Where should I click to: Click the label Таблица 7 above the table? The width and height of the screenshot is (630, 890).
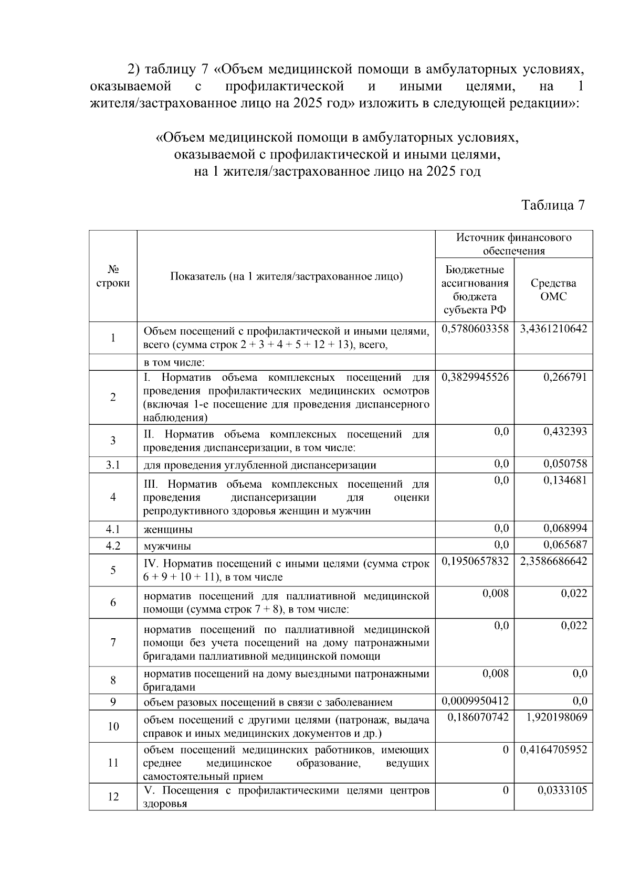[553, 205]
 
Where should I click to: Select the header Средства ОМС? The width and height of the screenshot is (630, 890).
[553, 289]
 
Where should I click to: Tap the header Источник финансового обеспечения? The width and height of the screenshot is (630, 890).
[513, 244]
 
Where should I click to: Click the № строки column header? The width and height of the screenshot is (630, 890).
[113, 276]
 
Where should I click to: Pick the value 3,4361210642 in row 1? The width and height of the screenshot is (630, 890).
[553, 329]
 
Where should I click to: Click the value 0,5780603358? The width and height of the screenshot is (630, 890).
[475, 329]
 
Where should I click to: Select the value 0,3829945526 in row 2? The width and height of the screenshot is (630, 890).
[475, 377]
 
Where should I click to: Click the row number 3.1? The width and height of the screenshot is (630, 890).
[113, 465]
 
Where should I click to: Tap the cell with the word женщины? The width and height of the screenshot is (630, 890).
[168, 529]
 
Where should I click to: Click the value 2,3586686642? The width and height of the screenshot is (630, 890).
[553, 561]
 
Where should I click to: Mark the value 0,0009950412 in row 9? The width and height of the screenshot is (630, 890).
[475, 701]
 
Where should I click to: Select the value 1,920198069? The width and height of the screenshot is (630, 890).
[556, 717]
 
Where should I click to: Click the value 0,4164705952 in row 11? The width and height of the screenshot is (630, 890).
[553, 749]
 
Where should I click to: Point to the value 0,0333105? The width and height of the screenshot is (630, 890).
[562, 790]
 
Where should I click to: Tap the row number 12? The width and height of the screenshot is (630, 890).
[113, 797]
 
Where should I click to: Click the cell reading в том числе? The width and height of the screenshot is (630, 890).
[174, 362]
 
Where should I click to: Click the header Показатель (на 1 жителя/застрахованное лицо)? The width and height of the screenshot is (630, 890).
[286, 276]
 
